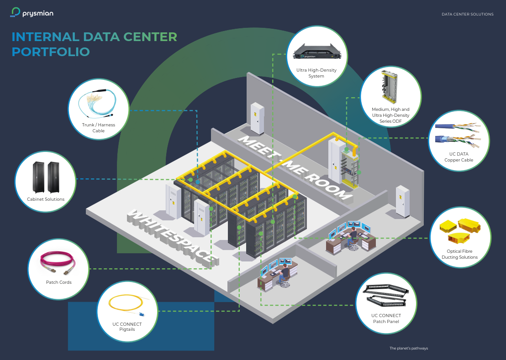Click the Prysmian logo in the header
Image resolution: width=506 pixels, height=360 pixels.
point(32,13)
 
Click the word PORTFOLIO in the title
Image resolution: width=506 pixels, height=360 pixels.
point(51,52)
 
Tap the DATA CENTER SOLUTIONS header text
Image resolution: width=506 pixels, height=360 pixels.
point(467,14)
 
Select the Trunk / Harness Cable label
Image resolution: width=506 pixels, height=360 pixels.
point(98,128)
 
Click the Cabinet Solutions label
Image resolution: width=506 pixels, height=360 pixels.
point(46,199)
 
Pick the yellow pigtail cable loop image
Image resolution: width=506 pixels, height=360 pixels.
point(125,305)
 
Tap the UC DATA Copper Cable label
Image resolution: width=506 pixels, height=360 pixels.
point(459,157)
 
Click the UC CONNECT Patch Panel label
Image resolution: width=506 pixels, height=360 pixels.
point(386,318)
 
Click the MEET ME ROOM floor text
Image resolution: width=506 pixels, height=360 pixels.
point(295,167)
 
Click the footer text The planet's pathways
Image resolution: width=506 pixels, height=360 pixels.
point(408,348)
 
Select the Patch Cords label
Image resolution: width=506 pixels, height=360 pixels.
point(58,282)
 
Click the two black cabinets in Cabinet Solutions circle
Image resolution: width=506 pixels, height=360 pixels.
point(46,177)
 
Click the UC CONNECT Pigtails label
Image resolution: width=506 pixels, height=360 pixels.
point(127,327)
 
